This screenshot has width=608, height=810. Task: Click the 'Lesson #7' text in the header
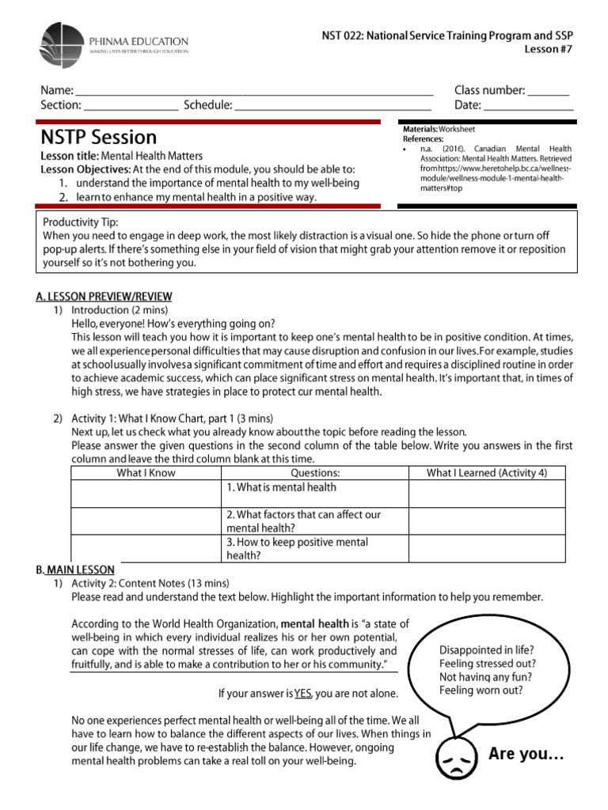click(x=549, y=50)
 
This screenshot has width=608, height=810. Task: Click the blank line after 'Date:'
click(x=528, y=106)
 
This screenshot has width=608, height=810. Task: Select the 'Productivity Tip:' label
click(x=81, y=222)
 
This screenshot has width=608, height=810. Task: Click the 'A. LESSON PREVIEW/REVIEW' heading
click(x=97, y=297)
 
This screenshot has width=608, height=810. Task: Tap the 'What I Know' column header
click(x=146, y=473)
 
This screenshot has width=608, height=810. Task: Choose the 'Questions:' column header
click(x=315, y=473)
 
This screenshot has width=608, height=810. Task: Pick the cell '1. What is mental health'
click(x=282, y=488)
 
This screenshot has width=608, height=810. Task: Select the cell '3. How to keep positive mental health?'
click(x=298, y=549)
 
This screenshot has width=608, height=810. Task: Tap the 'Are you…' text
click(x=526, y=754)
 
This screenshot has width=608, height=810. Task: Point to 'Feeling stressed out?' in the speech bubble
click(x=488, y=663)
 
